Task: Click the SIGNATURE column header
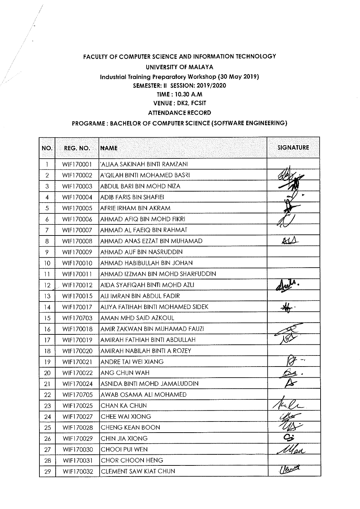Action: click(293, 148)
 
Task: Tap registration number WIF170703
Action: click(77, 318)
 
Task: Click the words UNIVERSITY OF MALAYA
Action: click(179, 67)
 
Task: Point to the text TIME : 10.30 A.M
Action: click(179, 94)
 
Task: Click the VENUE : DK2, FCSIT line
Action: click(179, 103)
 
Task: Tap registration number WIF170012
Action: click(77, 285)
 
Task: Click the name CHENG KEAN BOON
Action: click(130, 427)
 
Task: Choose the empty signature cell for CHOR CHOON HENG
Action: click(293, 460)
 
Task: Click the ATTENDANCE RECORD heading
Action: click(179, 112)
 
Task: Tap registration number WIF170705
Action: click(77, 395)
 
